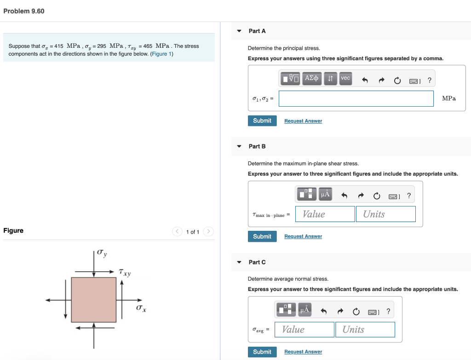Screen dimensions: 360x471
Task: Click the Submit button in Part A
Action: coord(262,120)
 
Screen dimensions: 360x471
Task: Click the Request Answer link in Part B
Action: coord(303,236)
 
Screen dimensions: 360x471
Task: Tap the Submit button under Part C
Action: coord(262,352)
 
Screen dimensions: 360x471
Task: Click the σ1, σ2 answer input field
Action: coord(356,98)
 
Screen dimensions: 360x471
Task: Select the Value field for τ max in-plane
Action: coord(325,214)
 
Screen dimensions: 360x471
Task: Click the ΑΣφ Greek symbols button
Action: coord(312,78)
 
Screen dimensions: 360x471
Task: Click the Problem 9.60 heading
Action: coord(24,11)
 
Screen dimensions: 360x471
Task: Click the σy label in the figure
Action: coord(103,253)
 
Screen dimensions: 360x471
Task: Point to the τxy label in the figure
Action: coord(125,272)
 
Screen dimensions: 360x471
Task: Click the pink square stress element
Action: coord(94,299)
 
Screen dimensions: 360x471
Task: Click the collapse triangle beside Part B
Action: coord(239,146)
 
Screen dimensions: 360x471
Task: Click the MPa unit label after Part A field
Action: coord(448,98)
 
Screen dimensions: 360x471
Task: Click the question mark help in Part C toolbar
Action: coord(388,311)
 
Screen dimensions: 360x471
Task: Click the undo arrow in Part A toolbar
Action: coord(365,80)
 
